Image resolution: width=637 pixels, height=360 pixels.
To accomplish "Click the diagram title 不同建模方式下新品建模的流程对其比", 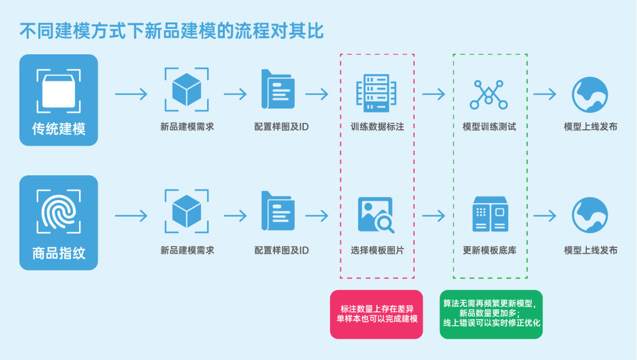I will [172, 30].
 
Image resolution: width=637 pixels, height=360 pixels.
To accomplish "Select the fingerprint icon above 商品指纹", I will [58, 211].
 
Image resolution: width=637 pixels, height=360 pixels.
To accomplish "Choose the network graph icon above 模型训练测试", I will [489, 93].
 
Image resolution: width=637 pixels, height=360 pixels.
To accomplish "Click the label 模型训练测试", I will [489, 126].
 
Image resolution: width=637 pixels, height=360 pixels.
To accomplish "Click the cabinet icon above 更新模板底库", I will [490, 214].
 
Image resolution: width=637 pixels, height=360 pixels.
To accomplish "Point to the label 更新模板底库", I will [490, 250].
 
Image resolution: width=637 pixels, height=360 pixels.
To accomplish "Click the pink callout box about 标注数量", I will [376, 314].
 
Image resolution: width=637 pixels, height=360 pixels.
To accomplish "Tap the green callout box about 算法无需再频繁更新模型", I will [491, 314].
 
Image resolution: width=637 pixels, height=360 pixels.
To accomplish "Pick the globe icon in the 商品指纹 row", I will [590, 215].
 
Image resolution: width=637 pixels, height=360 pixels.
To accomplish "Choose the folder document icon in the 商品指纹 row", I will [278, 211].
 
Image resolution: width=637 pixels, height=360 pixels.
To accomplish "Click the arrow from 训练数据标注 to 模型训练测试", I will [434, 94].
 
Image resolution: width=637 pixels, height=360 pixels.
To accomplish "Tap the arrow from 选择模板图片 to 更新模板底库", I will [434, 216].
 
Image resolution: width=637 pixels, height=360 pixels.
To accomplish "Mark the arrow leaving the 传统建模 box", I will [131, 94].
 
